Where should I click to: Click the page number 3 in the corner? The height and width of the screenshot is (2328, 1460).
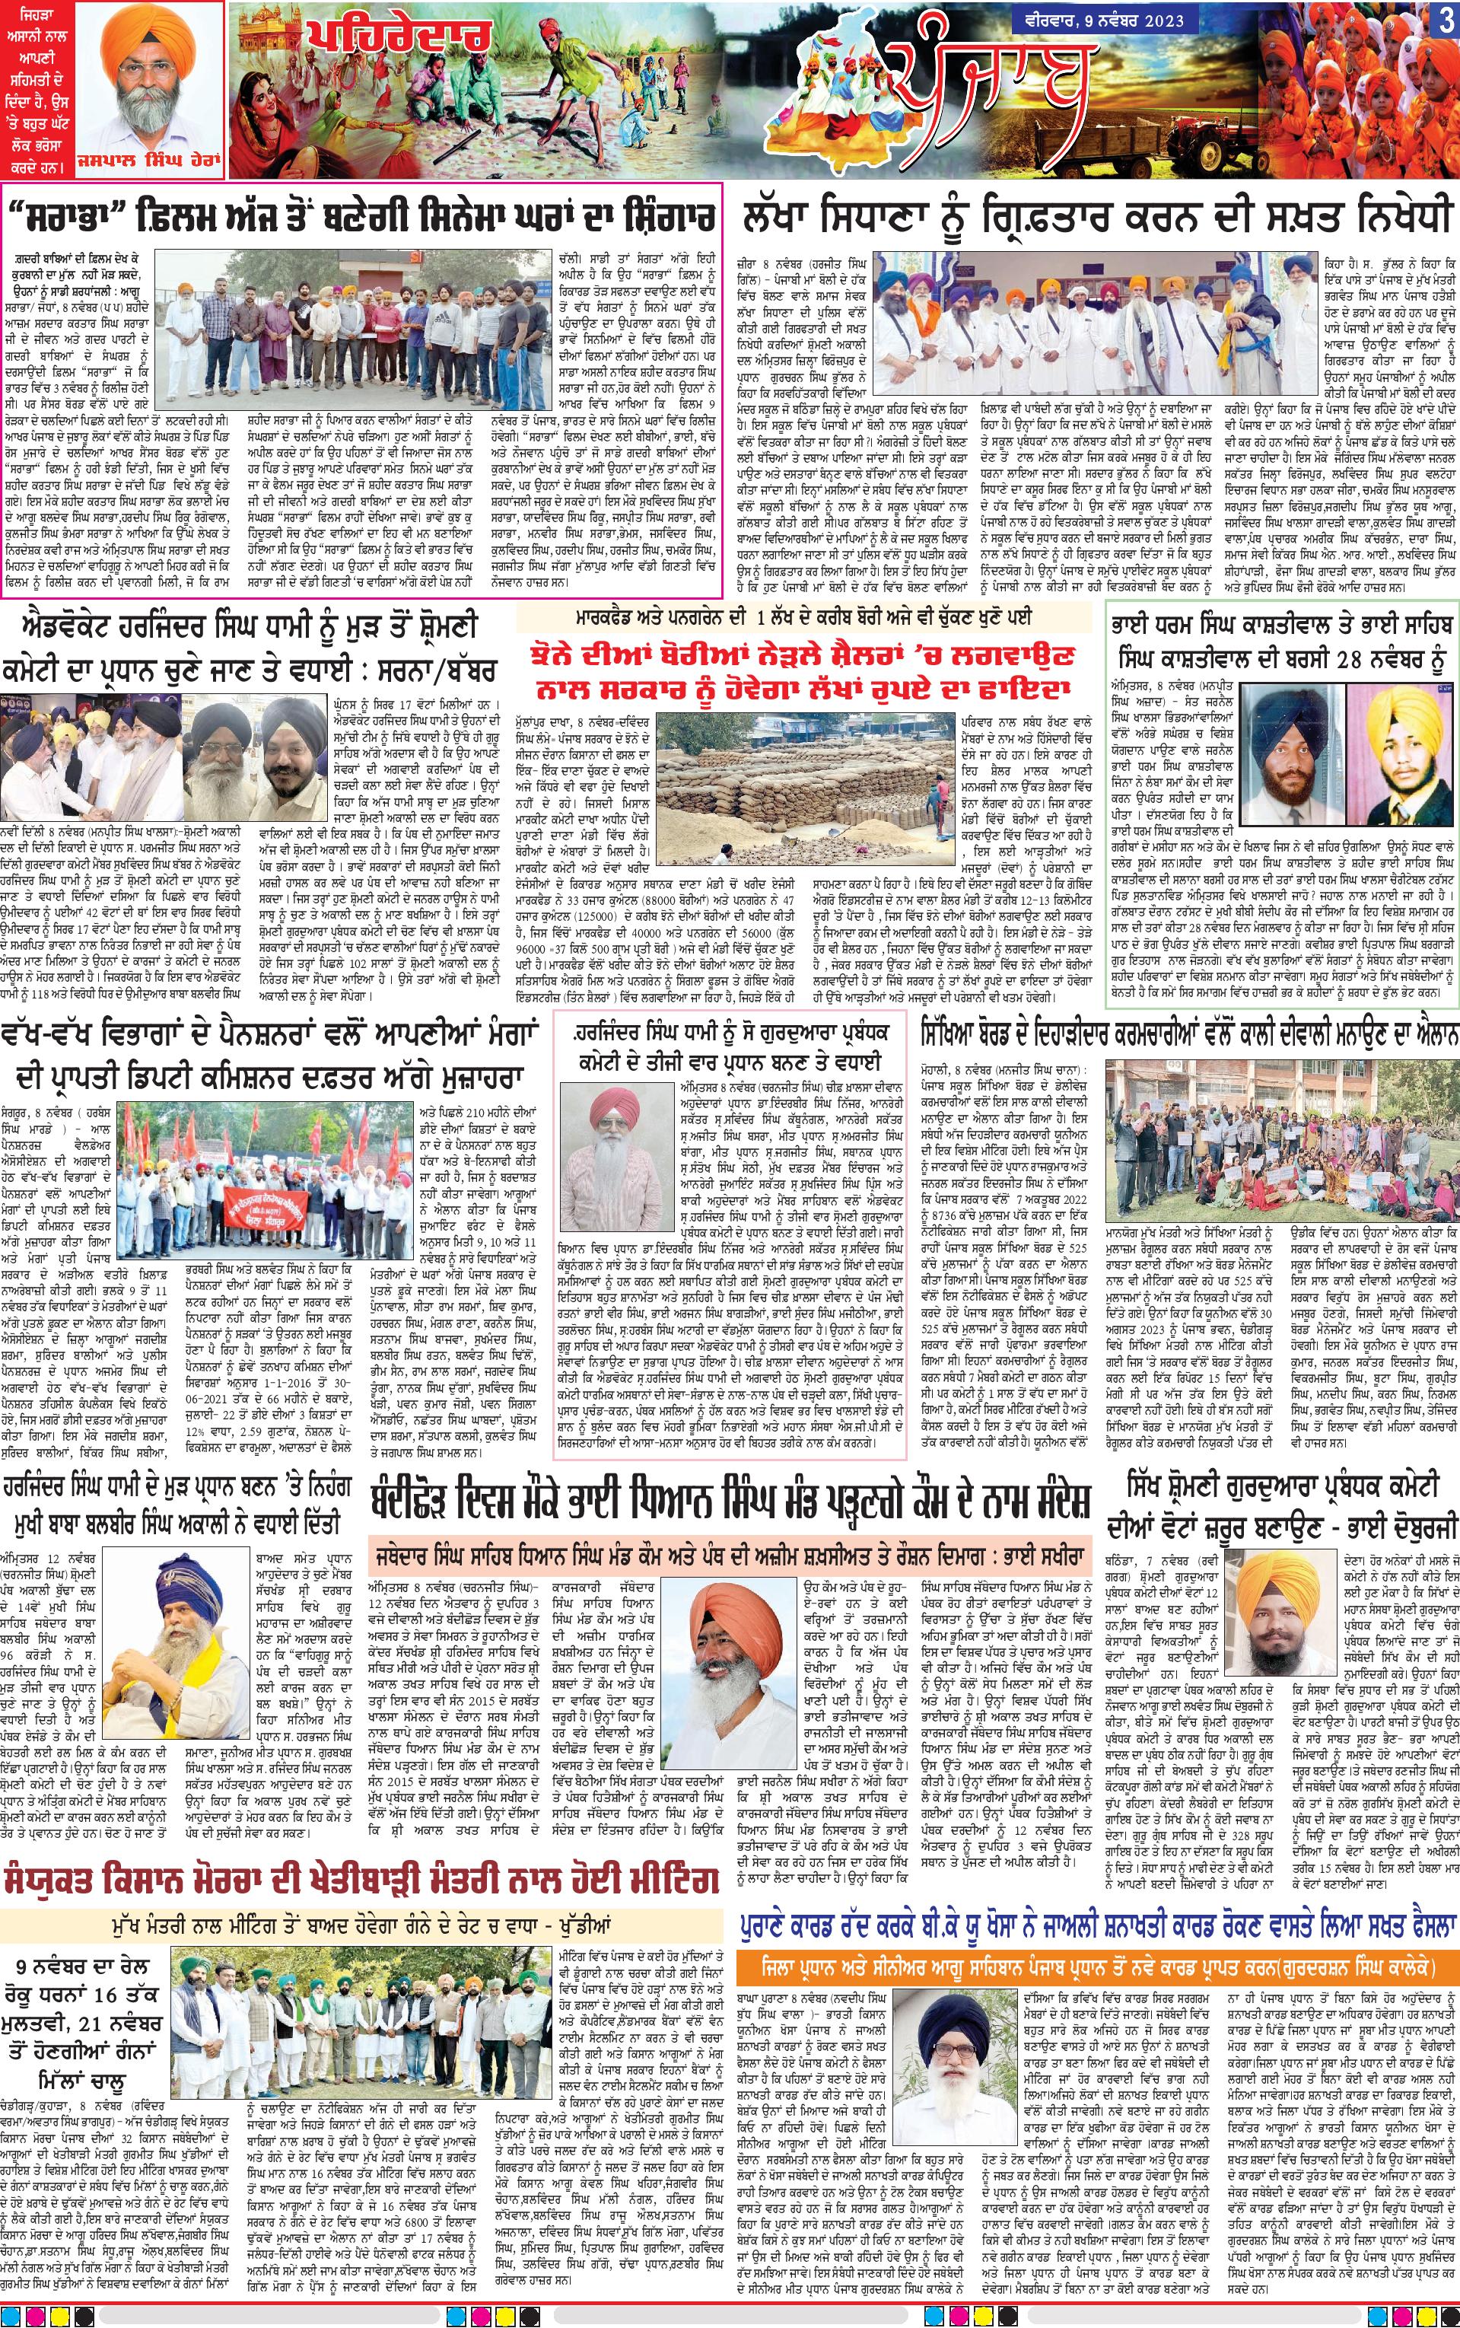1445,21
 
